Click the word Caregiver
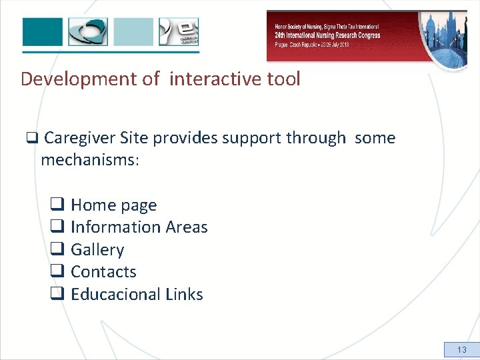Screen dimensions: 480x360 (80, 139)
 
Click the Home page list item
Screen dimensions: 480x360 (113, 205)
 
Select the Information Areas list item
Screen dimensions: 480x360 (139, 227)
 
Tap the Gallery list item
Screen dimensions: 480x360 (97, 250)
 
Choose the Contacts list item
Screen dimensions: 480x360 (103, 272)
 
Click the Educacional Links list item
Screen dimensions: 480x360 (137, 294)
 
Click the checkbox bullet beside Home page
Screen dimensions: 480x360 (57, 205)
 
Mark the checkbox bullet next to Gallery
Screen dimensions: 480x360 (57, 250)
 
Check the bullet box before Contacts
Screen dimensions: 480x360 (57, 272)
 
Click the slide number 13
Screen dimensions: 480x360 (462, 349)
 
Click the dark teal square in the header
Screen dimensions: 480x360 (43, 31)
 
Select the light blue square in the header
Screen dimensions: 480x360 (133, 31)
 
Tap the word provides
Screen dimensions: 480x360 (183, 139)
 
